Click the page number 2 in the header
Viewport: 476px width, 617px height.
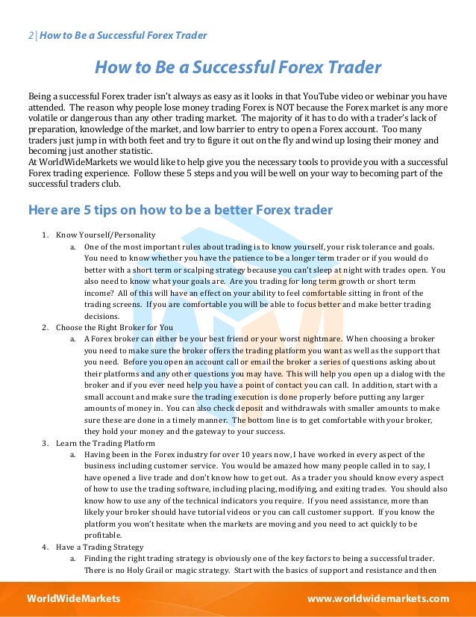(x=31, y=36)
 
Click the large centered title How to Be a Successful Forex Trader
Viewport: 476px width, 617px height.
(x=237, y=69)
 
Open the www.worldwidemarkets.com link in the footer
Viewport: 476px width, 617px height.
(x=379, y=599)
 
